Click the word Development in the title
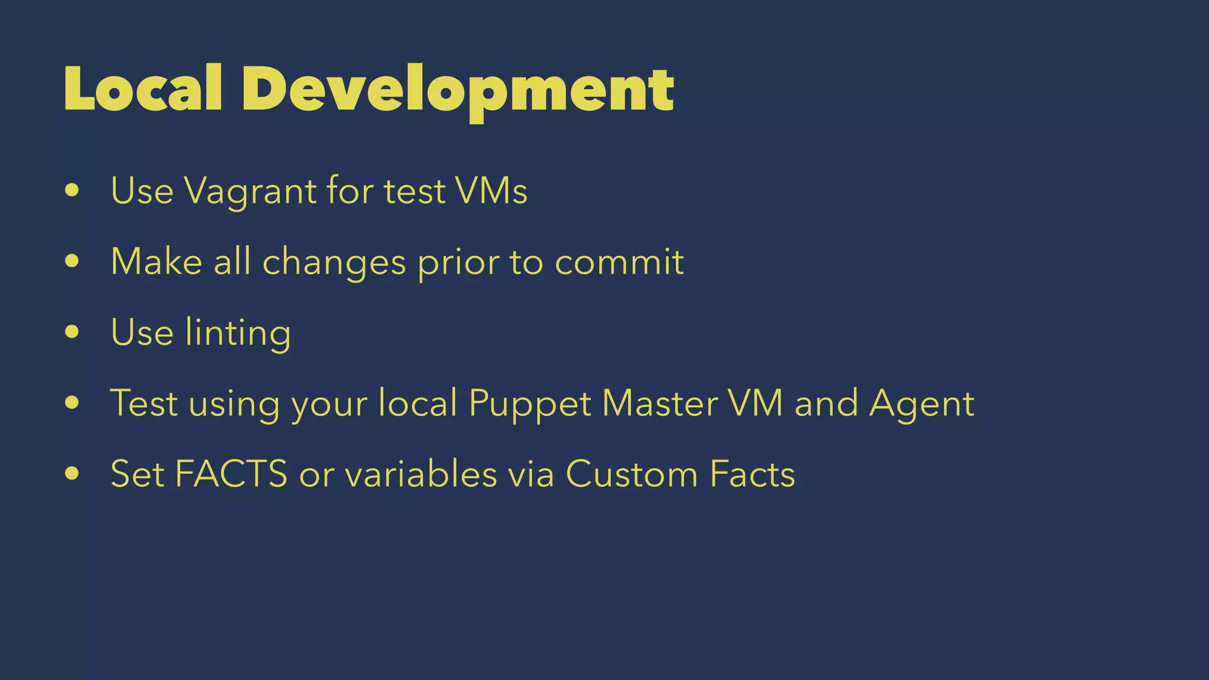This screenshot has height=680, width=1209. (x=458, y=90)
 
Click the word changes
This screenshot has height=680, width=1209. (x=334, y=261)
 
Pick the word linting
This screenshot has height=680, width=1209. (x=238, y=332)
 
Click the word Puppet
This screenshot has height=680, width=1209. (x=530, y=404)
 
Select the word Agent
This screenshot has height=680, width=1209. (x=922, y=404)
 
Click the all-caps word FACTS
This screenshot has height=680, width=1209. (x=231, y=474)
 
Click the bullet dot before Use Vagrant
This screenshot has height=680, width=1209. (x=72, y=191)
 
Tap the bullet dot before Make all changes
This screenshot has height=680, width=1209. (x=72, y=261)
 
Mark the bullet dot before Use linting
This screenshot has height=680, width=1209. (x=72, y=332)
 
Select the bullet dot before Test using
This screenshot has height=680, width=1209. (x=72, y=403)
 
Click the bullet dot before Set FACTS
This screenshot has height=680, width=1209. (x=72, y=473)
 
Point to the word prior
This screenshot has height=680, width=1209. (x=458, y=262)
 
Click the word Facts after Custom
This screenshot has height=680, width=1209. (x=753, y=474)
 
